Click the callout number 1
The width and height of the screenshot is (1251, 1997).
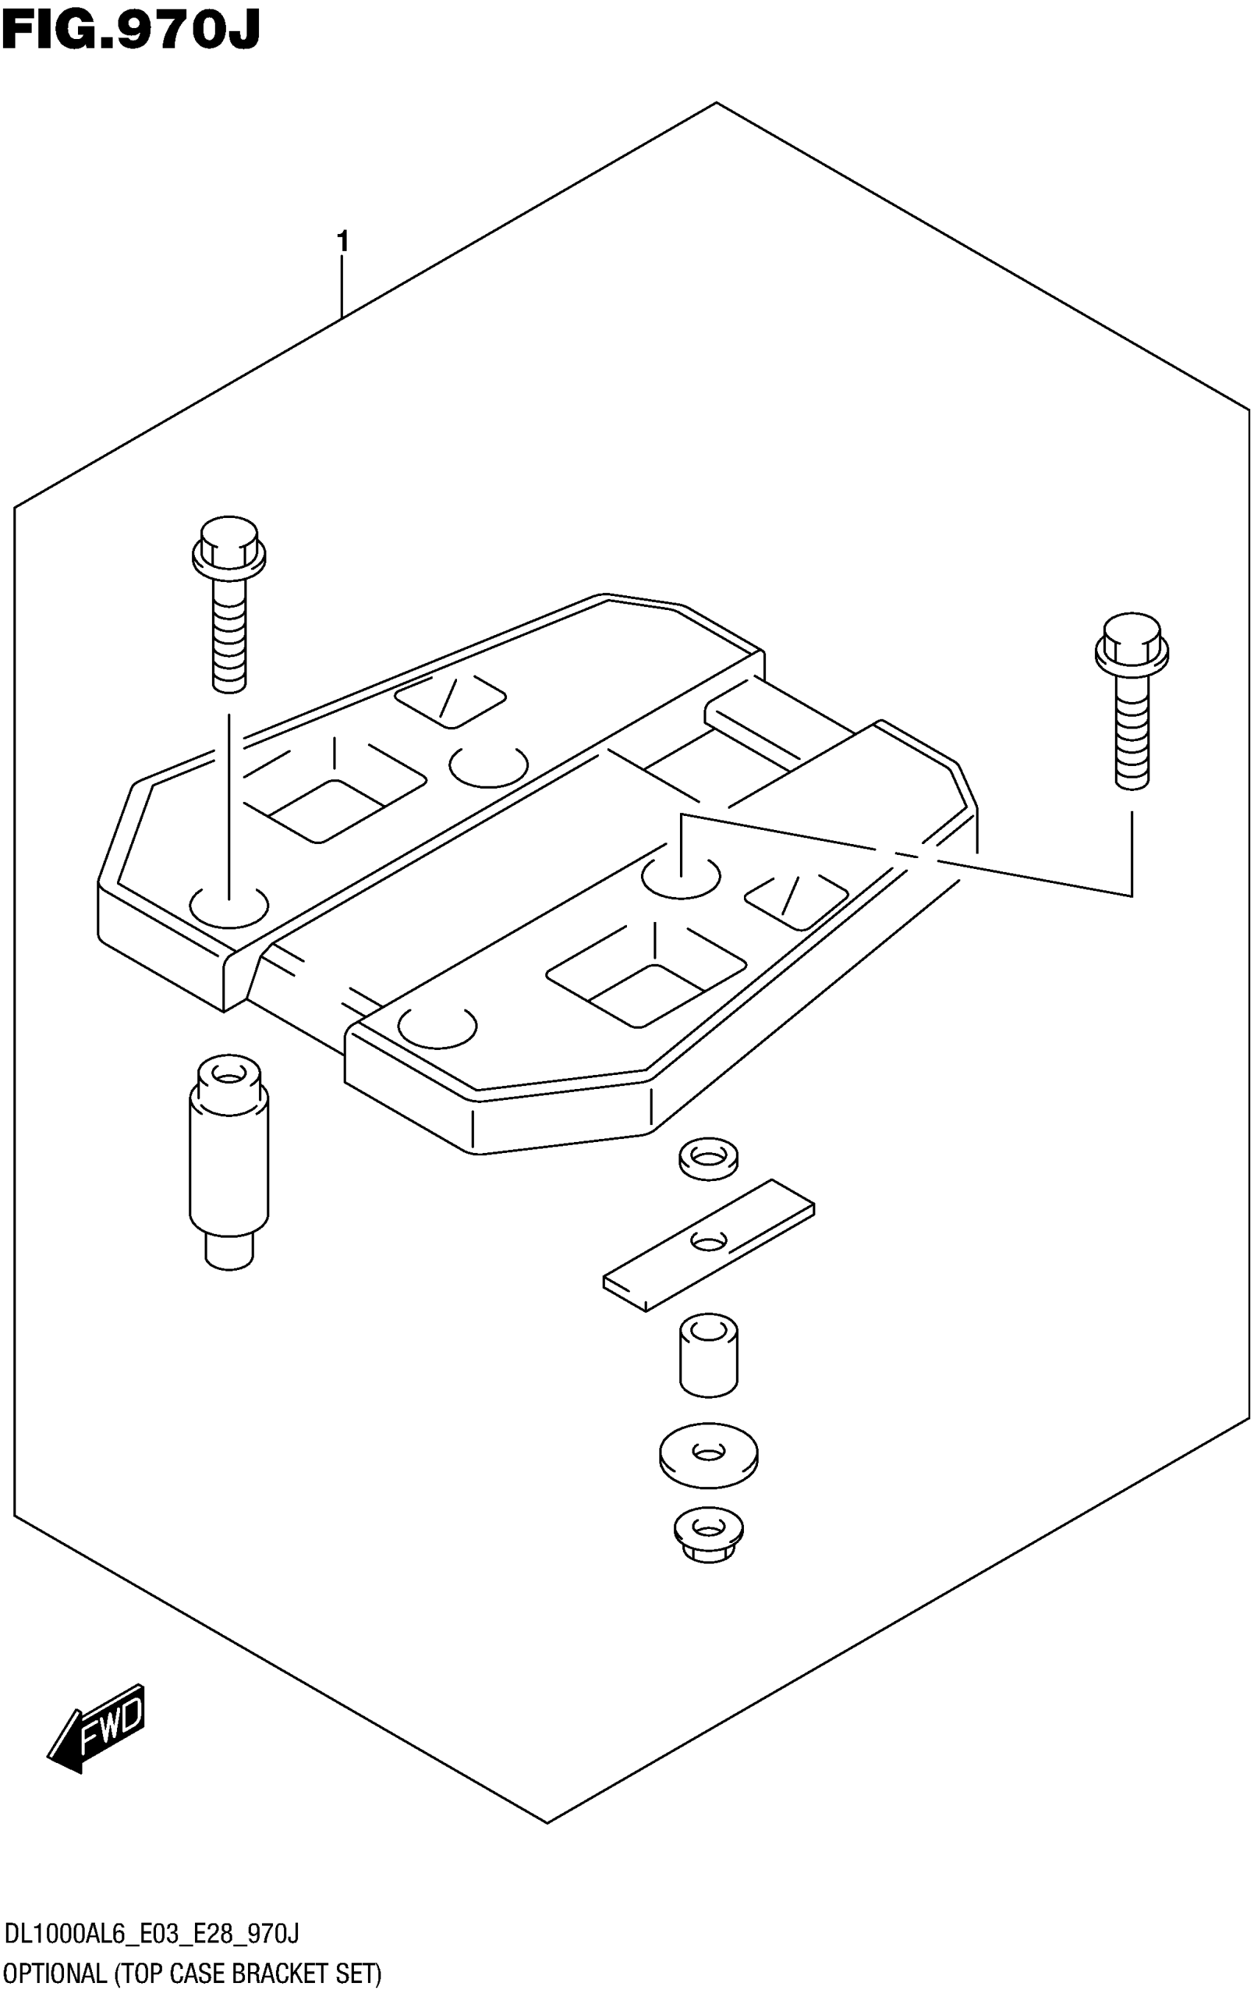coord(341,242)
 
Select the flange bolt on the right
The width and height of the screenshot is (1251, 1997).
coord(1131,700)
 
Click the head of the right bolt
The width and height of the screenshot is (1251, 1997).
coord(1131,640)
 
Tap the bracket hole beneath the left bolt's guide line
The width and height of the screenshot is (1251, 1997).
coord(229,907)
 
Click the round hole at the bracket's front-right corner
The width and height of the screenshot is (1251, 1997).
coord(437,1026)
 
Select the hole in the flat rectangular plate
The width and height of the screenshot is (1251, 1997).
coord(708,1240)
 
